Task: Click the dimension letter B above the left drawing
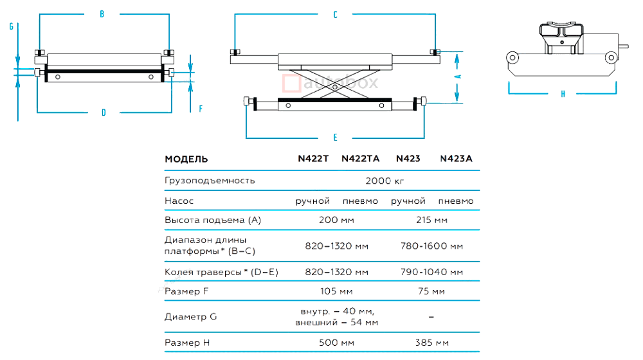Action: pos(102,15)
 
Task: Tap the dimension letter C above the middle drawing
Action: pos(335,15)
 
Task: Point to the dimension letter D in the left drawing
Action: pos(103,113)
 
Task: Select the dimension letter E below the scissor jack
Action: pos(335,136)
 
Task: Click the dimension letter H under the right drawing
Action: pos(563,94)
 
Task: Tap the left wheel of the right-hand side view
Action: pos(512,57)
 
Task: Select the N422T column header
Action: pos(312,159)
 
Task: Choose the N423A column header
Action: pos(457,159)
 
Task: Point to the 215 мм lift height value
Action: pos(432,221)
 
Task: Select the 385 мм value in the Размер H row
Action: pos(431,343)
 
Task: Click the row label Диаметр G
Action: pos(191,316)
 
